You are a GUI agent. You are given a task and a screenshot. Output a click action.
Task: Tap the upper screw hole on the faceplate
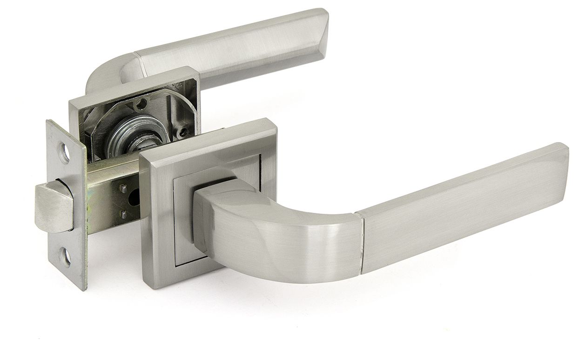[x=65, y=149]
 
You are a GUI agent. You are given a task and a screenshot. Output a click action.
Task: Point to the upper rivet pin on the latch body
[x=123, y=188]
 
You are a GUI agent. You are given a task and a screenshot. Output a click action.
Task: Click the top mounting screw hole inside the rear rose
[x=142, y=102]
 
